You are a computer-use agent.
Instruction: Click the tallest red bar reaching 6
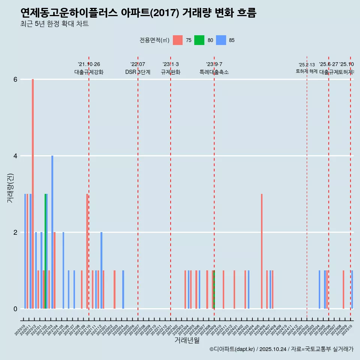click(x=33, y=193)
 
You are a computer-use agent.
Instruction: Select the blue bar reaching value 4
click(x=52, y=232)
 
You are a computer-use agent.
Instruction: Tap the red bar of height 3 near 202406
click(x=262, y=251)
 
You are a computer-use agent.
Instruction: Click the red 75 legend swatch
click(x=178, y=40)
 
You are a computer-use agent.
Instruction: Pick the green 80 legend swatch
click(x=199, y=40)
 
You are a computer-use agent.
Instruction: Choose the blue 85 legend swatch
click(x=221, y=40)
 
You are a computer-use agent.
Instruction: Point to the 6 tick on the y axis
click(x=15, y=79)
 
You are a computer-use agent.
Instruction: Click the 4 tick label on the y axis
click(x=15, y=156)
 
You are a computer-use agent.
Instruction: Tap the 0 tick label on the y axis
click(x=15, y=309)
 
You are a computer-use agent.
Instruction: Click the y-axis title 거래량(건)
click(x=10, y=188)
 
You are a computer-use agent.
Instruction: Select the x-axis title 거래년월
click(x=187, y=340)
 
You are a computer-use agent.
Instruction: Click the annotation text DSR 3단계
click(x=138, y=72)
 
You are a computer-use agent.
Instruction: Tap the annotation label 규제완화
click(x=171, y=72)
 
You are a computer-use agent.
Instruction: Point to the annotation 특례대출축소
click(x=214, y=72)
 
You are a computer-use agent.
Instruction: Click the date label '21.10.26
click(x=89, y=64)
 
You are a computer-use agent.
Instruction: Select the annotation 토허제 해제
click(x=306, y=71)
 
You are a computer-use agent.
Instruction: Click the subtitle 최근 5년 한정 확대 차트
click(x=55, y=24)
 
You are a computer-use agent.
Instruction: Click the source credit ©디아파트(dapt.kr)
click(x=232, y=349)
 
